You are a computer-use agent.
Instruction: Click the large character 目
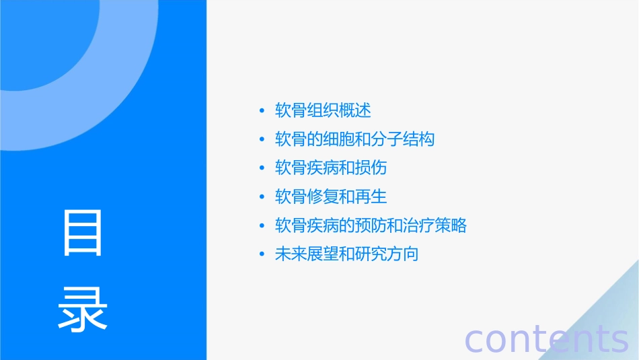pyautogui.click(x=83, y=233)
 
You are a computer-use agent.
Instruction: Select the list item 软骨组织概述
pyautogui.click(x=323, y=110)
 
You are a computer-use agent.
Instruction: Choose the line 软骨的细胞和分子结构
pyautogui.click(x=354, y=139)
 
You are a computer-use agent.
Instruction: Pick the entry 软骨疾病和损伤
pyautogui.click(x=330, y=168)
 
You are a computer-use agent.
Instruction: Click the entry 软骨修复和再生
pyautogui.click(x=331, y=196)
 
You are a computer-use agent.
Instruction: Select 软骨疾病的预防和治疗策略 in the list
pyautogui.click(x=371, y=225)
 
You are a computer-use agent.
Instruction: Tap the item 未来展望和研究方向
pyautogui.click(x=346, y=254)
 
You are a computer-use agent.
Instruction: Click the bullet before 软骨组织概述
pyautogui.click(x=262, y=110)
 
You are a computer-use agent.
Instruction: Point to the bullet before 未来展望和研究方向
pyautogui.click(x=262, y=255)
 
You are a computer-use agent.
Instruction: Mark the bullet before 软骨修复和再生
pyautogui.click(x=262, y=197)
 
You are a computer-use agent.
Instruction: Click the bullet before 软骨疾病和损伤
pyautogui.click(x=262, y=168)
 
